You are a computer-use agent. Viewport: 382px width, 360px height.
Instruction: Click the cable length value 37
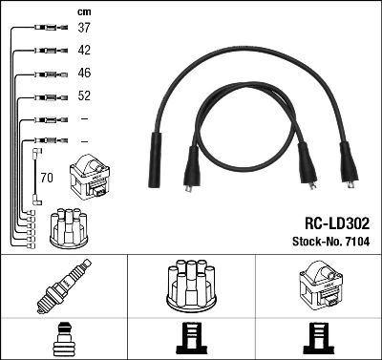(x=84, y=28)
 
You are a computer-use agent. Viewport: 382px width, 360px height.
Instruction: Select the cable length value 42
(x=84, y=50)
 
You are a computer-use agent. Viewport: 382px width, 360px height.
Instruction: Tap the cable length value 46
(x=84, y=73)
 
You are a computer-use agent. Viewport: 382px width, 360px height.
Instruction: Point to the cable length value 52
(x=84, y=95)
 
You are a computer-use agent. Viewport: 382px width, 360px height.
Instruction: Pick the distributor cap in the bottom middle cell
(x=191, y=286)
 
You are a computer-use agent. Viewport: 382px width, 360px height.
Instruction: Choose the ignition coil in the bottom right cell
(x=318, y=287)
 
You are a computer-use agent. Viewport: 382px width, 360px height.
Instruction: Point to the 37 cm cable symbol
(x=46, y=29)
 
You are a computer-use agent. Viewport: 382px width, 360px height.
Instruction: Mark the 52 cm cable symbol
(x=46, y=96)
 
